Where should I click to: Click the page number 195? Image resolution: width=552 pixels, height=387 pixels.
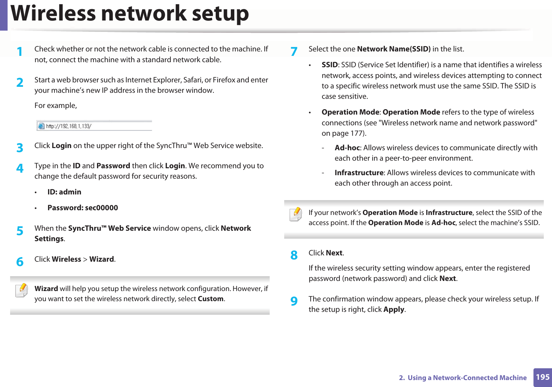pyautogui.click(x=543, y=377)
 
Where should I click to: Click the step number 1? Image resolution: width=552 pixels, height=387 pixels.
pyautogui.click(x=20, y=51)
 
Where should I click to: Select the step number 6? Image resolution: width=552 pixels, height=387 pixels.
pyautogui.click(x=20, y=262)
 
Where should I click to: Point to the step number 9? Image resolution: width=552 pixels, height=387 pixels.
pyautogui.click(x=294, y=301)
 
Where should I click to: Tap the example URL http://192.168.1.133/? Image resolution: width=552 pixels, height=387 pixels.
pyautogui.click(x=69, y=126)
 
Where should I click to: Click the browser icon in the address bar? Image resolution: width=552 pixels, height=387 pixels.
pyautogui.click(x=41, y=126)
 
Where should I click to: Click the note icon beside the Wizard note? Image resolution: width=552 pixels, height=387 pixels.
pyautogui.click(x=21, y=290)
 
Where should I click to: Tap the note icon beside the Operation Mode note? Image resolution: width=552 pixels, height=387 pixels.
pyautogui.click(x=296, y=214)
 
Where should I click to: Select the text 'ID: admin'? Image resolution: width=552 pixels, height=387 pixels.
pyautogui.click(x=64, y=192)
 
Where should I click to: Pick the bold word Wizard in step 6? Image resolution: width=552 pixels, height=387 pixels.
pyautogui.click(x=101, y=259)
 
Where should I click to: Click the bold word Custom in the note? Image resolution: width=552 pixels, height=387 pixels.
pyautogui.click(x=210, y=299)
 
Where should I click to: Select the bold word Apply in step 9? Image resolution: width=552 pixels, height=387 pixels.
pyautogui.click(x=394, y=309)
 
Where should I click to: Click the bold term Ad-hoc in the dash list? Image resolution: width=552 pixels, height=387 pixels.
pyautogui.click(x=347, y=148)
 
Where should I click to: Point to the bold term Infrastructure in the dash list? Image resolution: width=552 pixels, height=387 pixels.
pyautogui.click(x=359, y=173)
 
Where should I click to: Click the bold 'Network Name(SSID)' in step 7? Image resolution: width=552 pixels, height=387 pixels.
pyautogui.click(x=393, y=49)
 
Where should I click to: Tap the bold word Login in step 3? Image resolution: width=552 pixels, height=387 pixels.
pyautogui.click(x=62, y=146)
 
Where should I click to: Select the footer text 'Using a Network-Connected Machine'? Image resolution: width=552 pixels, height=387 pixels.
pyautogui.click(x=467, y=378)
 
